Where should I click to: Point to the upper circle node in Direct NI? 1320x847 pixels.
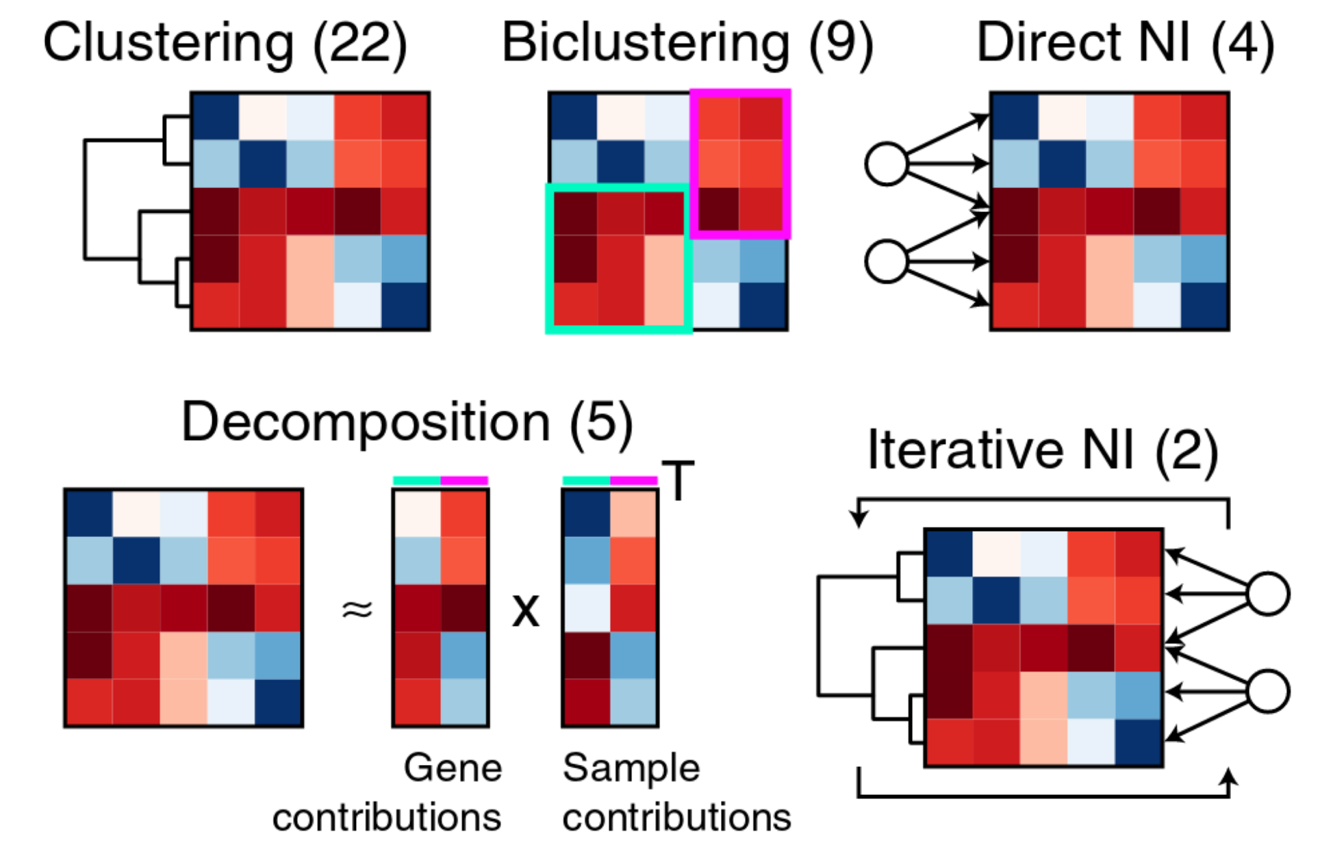click(886, 164)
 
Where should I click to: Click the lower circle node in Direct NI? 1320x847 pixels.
click(886, 261)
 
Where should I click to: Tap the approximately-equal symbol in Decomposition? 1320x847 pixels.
click(357, 608)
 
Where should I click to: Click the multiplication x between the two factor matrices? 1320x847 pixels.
click(525, 611)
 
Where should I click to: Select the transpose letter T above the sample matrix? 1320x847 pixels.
click(678, 480)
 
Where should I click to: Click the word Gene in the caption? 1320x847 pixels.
click(453, 768)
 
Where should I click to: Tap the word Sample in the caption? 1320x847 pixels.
click(631, 768)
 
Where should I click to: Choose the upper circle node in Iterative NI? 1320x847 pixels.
click(1268, 594)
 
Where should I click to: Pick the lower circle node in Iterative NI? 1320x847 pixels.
click(1268, 691)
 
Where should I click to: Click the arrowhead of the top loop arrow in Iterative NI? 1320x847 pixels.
click(859, 520)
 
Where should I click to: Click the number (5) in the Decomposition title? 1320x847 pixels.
click(600, 423)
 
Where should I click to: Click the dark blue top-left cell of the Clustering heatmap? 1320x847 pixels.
click(216, 116)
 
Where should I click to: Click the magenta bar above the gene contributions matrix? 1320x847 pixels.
click(464, 481)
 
